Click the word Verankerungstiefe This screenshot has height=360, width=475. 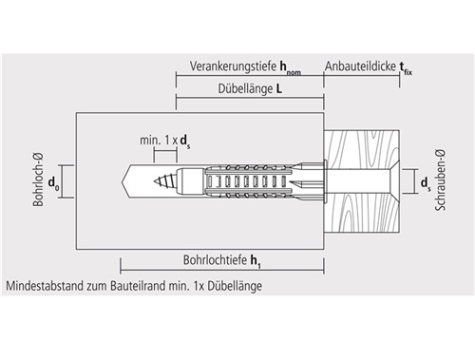pos(233,66)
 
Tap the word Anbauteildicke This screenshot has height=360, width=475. pos(360,66)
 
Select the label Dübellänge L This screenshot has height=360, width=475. pos(250,88)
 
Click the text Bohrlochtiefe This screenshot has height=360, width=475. pos(215,260)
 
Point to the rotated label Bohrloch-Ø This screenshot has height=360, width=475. pos(38,180)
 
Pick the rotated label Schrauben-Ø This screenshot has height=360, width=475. pos(440,180)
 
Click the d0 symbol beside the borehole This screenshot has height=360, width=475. pos(53,183)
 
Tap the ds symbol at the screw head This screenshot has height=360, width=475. pos(426,183)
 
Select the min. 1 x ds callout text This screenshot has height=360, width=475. pos(164,141)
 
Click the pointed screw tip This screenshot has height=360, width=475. pos(155,181)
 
